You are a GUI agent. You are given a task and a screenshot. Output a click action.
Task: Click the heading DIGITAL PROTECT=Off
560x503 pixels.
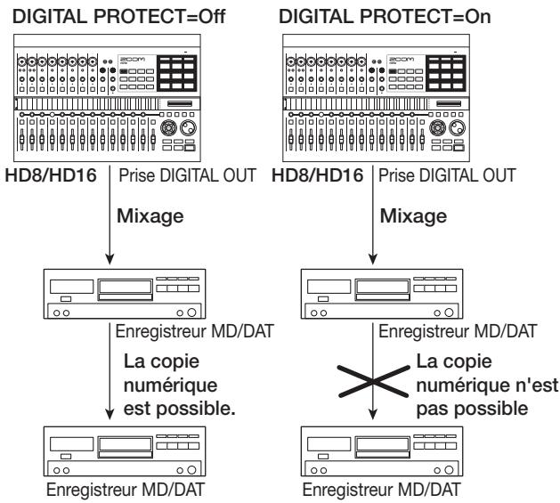(119, 16)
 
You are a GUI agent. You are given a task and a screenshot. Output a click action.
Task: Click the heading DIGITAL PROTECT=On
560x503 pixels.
(385, 16)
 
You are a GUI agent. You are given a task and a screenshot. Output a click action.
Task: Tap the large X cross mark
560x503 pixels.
(374, 382)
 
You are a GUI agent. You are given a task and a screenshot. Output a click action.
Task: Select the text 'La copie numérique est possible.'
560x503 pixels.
(179, 385)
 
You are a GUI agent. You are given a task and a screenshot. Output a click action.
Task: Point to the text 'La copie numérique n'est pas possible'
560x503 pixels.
(487, 385)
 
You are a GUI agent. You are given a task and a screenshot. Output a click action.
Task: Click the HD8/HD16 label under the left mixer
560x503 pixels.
(51, 175)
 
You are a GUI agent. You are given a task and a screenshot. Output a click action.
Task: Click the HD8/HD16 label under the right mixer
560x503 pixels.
(318, 175)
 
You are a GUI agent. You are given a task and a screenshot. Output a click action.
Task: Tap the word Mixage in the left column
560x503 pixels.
(150, 216)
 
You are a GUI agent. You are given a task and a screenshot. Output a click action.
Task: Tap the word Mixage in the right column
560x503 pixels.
(413, 216)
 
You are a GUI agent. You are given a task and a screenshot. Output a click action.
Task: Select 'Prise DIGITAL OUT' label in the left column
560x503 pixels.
(188, 175)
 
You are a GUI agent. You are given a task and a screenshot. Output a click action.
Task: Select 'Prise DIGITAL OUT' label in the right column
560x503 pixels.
(447, 175)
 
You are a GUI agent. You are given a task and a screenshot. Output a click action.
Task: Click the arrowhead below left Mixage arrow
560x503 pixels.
(110, 259)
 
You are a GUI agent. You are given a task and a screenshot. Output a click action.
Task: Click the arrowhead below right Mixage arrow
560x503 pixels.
(373, 259)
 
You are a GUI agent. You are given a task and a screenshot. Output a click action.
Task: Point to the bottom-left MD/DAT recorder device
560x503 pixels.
(125, 451)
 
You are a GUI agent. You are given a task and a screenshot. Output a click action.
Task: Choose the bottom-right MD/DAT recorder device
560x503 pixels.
(382, 451)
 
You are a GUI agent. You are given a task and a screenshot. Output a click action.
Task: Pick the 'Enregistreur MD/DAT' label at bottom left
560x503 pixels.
(126, 490)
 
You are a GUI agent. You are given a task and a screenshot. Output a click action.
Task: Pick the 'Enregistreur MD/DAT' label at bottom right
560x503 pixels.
(381, 490)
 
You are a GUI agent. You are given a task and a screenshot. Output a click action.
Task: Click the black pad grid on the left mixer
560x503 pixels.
(177, 73)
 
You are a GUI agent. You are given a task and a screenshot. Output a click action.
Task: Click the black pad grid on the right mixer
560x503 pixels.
(446, 73)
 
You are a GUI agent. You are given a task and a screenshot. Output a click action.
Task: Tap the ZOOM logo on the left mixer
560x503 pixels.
(132, 59)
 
